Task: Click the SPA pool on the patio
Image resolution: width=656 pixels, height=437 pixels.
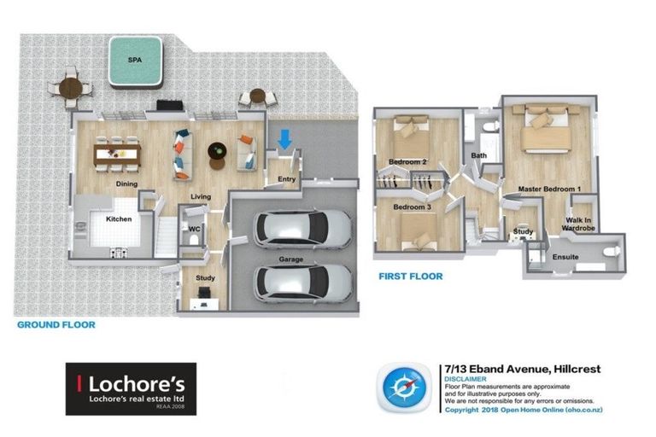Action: point(135,62)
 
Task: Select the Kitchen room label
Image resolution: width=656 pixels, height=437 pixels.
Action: point(118,219)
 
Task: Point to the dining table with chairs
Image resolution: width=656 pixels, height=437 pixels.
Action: point(118,154)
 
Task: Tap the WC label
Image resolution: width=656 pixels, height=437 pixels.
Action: point(194,229)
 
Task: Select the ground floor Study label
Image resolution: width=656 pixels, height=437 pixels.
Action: point(205,278)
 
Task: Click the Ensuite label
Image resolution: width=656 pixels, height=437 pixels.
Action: point(565,256)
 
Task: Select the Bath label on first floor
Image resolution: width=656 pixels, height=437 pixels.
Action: point(478,155)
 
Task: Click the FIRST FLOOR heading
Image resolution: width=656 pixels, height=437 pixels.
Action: point(411,277)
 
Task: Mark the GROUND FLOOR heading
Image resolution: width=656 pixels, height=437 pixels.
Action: point(56,325)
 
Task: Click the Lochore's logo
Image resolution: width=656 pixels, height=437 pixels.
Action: point(131,388)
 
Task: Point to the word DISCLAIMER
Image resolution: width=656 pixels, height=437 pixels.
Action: point(466,378)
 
